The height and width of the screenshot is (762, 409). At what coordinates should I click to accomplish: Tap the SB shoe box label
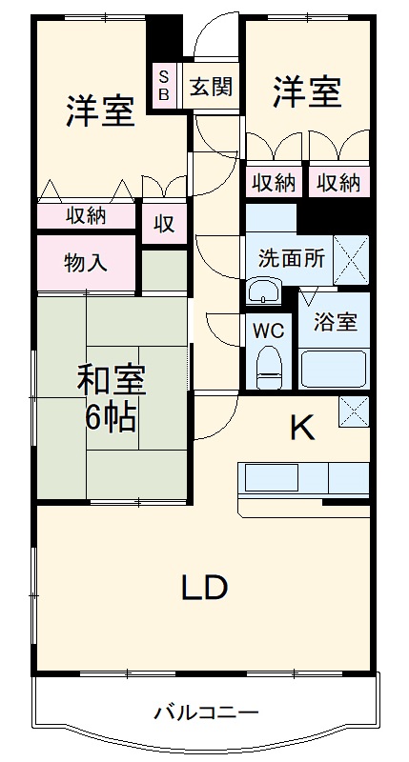click(163, 86)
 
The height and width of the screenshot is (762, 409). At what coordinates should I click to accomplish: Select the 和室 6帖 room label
click(112, 398)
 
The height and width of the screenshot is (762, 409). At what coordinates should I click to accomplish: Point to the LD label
click(204, 588)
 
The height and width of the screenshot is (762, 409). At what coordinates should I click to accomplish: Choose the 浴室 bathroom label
click(336, 321)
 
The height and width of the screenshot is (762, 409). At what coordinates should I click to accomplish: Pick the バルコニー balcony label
click(205, 712)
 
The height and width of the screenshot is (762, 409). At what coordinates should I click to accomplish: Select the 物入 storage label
click(87, 262)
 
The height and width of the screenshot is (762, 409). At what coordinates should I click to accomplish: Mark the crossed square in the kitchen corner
click(354, 411)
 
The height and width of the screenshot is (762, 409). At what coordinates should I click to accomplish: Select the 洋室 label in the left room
click(99, 111)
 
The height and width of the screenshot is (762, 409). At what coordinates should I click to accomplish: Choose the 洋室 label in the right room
click(307, 91)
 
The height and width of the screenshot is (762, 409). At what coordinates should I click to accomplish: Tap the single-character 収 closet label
click(164, 225)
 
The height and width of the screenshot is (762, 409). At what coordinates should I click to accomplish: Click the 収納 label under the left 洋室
click(86, 216)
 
